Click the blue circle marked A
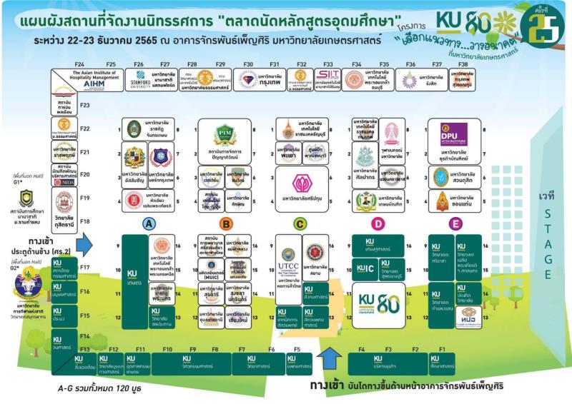pyautogui.click(x=149, y=223)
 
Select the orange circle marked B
pyautogui.click(x=226, y=223)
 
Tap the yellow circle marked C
pyautogui.click(x=300, y=223)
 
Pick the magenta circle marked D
pyautogui.click(x=379, y=223)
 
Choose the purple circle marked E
pyautogui.click(x=455, y=223)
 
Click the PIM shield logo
pyautogui.click(x=225, y=133)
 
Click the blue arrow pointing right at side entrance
pyautogui.click(x=84, y=246)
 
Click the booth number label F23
pyautogui.click(x=84, y=106)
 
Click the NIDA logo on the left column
pyautogui.click(x=64, y=181)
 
